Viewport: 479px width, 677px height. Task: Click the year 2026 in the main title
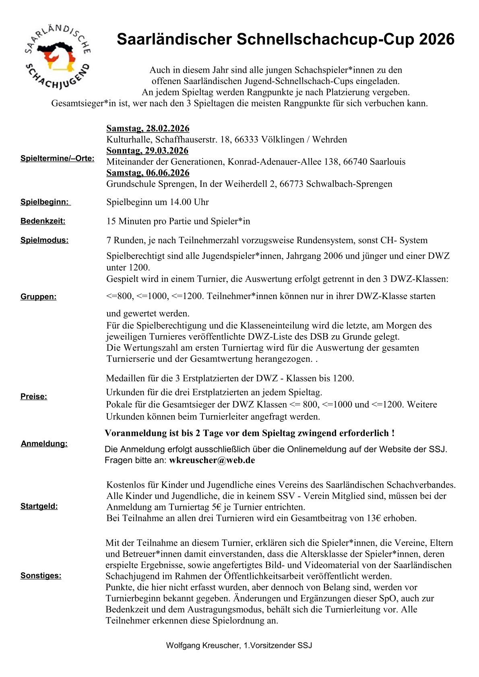coord(436,39)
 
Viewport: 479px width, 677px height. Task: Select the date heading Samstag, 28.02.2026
coord(148,129)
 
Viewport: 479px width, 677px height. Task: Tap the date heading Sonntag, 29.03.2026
coord(147,151)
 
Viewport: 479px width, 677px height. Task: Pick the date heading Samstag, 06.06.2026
coord(148,173)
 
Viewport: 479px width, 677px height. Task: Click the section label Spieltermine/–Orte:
coord(58,158)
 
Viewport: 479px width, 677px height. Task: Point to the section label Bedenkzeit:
coord(43,221)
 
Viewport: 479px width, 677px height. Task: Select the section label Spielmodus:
coord(45,240)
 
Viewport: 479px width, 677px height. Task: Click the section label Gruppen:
coord(39,297)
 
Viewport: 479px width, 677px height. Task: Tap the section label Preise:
coord(34,397)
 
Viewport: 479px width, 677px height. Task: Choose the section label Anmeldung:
coord(44,444)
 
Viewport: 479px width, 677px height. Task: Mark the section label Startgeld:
coord(39,507)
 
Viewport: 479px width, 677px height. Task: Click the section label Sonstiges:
coord(41,576)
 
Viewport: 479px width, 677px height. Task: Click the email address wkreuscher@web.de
coord(212,460)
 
